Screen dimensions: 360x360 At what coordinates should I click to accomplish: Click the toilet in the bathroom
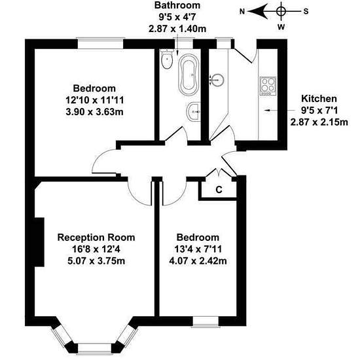(x=167, y=59)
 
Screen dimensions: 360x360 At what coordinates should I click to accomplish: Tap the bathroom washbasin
(x=194, y=111)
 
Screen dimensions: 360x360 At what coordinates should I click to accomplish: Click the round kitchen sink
(x=217, y=80)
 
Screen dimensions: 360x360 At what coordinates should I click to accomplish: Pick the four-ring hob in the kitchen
(x=268, y=86)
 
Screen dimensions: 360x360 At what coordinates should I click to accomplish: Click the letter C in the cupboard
(x=219, y=190)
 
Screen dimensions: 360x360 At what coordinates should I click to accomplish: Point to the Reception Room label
(x=96, y=237)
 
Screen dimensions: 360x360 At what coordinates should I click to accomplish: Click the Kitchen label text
(x=319, y=98)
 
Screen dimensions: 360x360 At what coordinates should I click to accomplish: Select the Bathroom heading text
(x=177, y=5)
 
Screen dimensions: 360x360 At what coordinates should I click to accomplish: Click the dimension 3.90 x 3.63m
(x=95, y=112)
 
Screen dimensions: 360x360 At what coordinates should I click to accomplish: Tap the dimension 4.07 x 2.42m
(x=198, y=261)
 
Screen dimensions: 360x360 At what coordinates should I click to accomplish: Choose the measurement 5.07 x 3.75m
(x=96, y=261)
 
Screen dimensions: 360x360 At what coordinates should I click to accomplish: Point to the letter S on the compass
(x=306, y=11)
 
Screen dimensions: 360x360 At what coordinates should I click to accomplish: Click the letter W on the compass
(x=281, y=27)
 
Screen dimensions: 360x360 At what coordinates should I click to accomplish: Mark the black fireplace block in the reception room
(x=39, y=242)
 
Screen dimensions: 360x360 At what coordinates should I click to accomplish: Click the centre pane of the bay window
(x=95, y=348)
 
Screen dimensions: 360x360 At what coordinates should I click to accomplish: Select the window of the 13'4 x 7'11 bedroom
(x=206, y=321)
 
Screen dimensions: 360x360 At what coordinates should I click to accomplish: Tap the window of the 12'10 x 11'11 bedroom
(x=101, y=43)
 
